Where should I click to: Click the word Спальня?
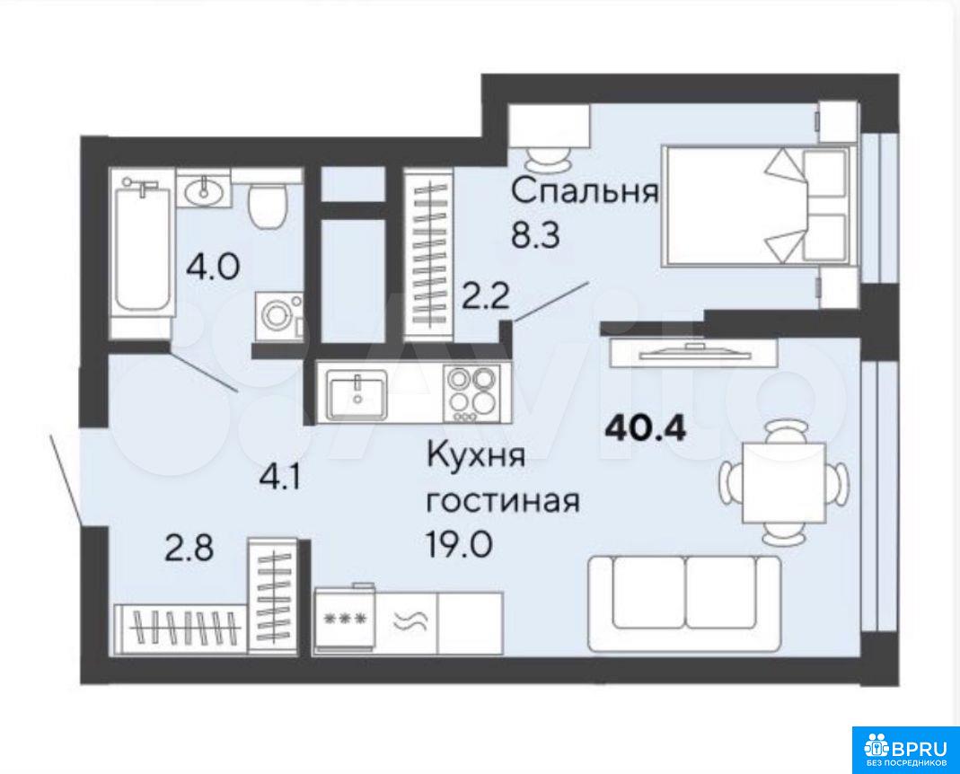[x=585, y=191]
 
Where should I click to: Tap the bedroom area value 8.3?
[x=536, y=235]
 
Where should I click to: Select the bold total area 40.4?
[x=646, y=428]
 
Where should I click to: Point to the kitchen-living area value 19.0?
[x=459, y=544]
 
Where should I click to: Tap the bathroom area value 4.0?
[x=213, y=267]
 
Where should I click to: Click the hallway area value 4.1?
[x=280, y=478]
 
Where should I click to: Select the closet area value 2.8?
[x=189, y=548]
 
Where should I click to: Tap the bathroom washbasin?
[x=203, y=191]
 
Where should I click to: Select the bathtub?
[x=141, y=252]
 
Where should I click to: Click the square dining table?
[x=784, y=483]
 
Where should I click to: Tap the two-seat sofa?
[x=684, y=603]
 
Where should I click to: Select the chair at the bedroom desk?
[x=547, y=161]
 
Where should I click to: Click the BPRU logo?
[x=906, y=750]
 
